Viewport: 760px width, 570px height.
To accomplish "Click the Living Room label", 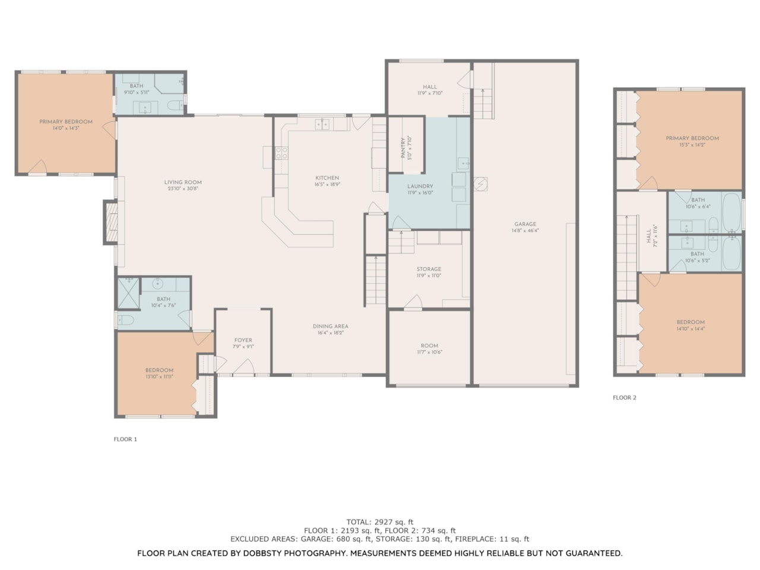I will coord(183,182).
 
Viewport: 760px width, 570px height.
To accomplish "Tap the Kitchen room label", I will coord(327,178).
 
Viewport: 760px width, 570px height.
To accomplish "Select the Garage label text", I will coord(525,224).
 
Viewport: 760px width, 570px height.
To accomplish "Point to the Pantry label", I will coord(403,148).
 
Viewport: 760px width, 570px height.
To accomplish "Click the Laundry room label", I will coord(420,186).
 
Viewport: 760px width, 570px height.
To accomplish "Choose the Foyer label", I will coord(243,340).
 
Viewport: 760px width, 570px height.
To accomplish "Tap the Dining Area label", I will coord(331,327).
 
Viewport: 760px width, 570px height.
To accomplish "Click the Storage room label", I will coord(429,269).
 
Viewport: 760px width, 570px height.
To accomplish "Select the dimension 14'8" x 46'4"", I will coord(525,231).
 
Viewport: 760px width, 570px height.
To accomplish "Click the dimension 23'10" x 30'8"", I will coord(183,189).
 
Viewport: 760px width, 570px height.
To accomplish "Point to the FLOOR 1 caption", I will coord(125,439).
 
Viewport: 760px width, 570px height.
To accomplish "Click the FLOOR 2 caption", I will coord(624,398).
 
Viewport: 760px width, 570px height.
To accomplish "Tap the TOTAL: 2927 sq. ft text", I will coord(380,522).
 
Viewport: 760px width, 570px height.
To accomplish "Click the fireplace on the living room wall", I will coord(111,223).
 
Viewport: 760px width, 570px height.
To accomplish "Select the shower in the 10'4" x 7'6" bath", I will coord(128,293).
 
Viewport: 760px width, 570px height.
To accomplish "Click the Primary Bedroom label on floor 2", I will coord(692,138).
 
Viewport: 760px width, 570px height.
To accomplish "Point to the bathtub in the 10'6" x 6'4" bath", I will coord(731,211).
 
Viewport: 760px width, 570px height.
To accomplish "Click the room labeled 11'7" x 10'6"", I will coord(429,349).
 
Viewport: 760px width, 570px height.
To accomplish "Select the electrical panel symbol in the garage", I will coord(480,184).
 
